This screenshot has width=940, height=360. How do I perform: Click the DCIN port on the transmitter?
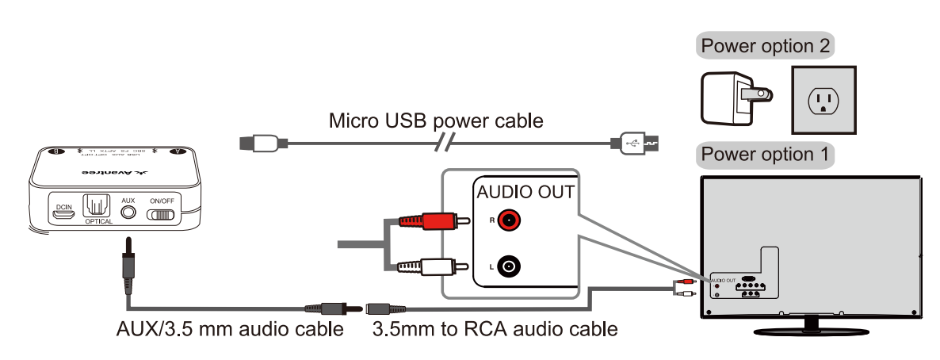62,213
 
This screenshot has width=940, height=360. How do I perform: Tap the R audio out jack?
508,220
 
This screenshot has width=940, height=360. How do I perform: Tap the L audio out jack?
508,267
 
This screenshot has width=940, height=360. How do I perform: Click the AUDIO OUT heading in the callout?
523,193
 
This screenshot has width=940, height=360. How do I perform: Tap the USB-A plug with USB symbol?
636,144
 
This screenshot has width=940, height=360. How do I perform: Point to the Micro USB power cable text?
436,121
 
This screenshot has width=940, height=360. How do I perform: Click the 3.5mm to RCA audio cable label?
495,328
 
